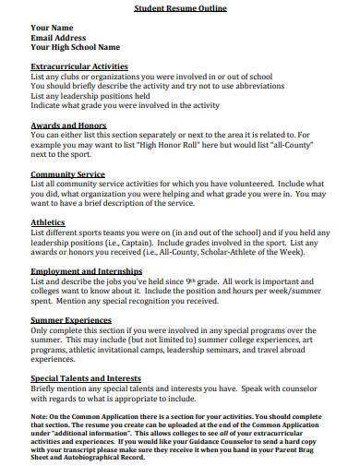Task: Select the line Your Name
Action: [54, 28]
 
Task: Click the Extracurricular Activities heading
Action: [79, 66]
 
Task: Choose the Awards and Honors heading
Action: [68, 124]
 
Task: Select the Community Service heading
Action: [67, 173]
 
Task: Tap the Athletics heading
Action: [48, 221]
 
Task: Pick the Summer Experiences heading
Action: [72, 318]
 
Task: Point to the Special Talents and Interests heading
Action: [88, 377]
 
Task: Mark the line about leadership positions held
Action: [90, 95]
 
